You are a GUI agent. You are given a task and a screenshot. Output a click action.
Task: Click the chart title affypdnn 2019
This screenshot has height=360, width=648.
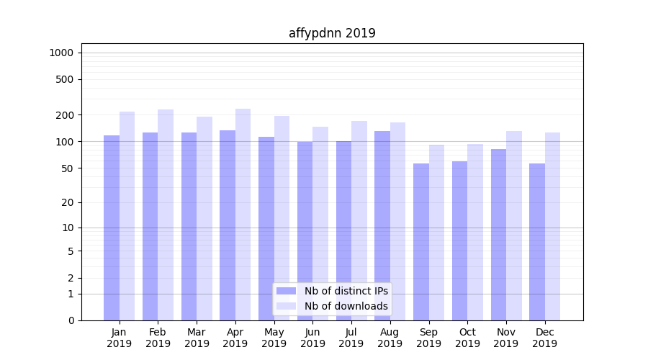(332, 33)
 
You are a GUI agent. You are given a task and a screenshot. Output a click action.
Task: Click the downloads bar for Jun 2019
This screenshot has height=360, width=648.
(320, 223)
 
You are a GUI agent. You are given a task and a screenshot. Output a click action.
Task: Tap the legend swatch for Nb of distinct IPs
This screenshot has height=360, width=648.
(287, 291)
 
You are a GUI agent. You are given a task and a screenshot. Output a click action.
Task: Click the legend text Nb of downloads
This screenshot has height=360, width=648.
(346, 306)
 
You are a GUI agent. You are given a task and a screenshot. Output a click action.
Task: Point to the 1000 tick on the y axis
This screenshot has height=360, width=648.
(60, 53)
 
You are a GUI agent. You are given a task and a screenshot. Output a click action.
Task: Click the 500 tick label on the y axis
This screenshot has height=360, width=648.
(65, 79)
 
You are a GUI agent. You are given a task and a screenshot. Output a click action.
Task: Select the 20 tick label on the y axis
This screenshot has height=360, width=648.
(68, 202)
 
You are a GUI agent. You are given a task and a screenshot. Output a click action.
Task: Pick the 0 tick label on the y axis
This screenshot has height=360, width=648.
(71, 320)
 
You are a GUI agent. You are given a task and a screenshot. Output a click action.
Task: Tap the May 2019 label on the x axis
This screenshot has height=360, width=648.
(274, 338)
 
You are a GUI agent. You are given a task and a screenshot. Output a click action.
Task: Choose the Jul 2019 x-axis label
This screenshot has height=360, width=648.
(351, 338)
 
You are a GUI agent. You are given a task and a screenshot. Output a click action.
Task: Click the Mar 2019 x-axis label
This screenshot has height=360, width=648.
(197, 338)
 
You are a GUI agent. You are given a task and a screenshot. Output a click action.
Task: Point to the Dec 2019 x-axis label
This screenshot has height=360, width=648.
(545, 338)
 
